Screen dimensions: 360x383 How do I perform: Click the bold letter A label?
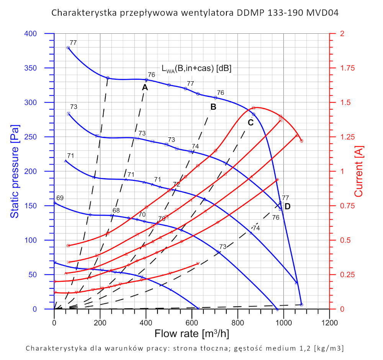tap(145, 87)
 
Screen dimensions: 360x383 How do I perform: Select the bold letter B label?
tap(213, 107)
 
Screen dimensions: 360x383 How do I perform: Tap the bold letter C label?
tap(250, 123)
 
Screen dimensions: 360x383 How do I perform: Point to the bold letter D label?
tap(288, 206)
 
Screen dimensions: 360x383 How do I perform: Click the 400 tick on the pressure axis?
tap(41, 34)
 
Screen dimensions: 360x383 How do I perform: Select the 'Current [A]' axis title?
tap(359, 173)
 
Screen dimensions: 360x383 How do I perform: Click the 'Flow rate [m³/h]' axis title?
tap(191, 334)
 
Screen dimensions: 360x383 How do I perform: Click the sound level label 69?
tap(60, 198)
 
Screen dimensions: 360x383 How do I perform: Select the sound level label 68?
tap(116, 210)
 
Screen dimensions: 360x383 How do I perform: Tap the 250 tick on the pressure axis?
tap(41, 137)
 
